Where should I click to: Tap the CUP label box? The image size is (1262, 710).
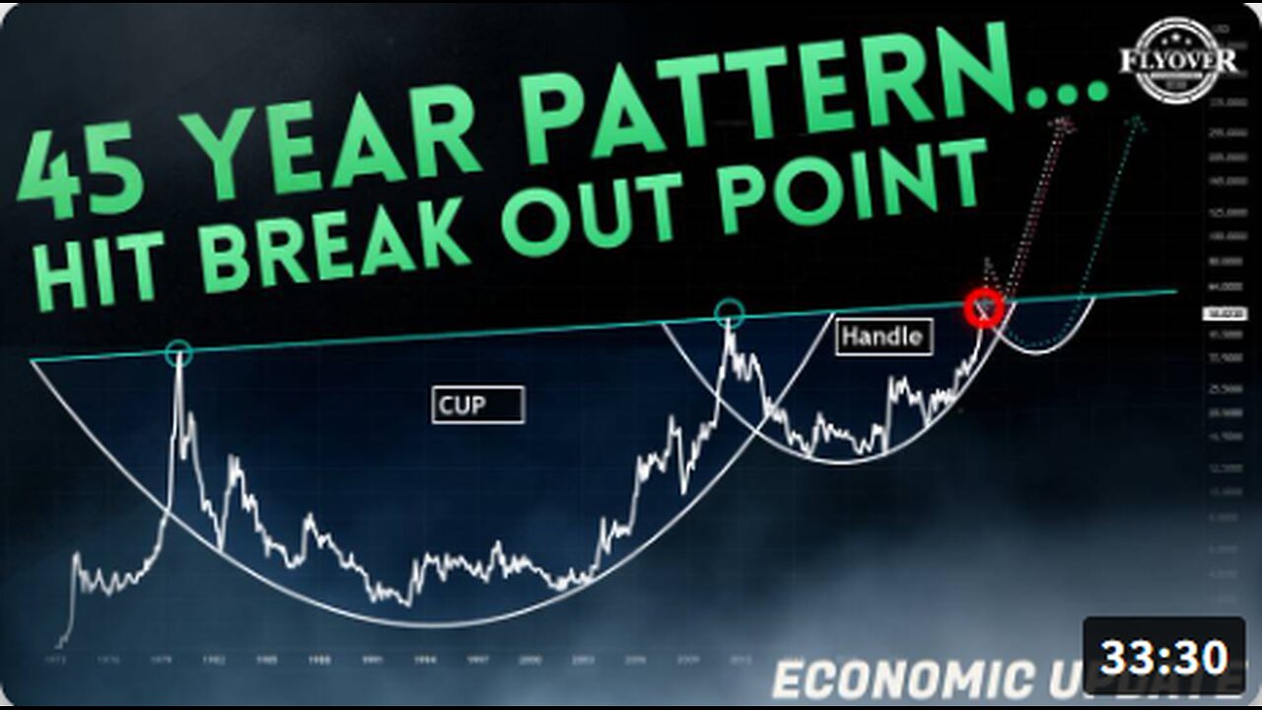(x=478, y=404)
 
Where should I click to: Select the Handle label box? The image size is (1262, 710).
(x=884, y=337)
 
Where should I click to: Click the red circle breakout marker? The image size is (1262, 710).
(x=983, y=309)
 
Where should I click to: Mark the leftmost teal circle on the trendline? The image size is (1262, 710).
(x=178, y=353)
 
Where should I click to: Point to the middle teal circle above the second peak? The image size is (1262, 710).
(x=730, y=315)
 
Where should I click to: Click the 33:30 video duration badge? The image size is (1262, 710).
(x=1163, y=657)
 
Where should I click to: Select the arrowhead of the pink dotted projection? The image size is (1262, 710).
(x=1064, y=123)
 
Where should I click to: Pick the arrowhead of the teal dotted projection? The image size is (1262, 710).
(x=1139, y=122)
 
